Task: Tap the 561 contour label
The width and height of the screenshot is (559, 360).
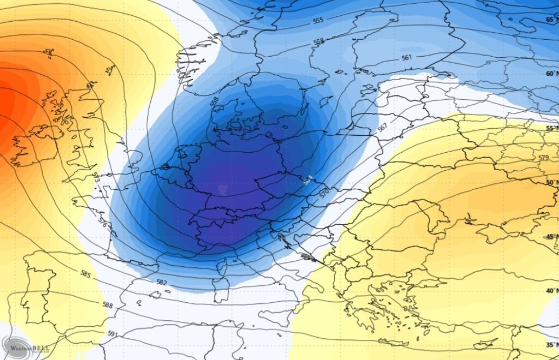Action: pos(406,57)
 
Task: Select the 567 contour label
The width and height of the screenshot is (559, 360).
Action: pos(382,127)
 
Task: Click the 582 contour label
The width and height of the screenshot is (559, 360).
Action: pos(162,283)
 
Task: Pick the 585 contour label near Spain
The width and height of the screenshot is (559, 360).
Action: pos(85,273)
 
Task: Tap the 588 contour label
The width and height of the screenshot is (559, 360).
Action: pos(108,305)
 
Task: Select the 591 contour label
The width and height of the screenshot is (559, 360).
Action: pos(112,334)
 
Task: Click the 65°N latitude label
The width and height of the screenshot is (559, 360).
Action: pos(551,20)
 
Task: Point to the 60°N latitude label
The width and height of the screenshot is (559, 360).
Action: pos(551,74)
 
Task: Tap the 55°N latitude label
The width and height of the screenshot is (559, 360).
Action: pos(551,128)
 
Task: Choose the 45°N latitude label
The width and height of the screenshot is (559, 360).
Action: pos(551,237)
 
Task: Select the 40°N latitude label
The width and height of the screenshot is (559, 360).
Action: pos(551,291)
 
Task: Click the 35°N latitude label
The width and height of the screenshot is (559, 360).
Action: pos(551,345)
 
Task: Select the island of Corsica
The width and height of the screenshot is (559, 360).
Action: pos(222,268)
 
